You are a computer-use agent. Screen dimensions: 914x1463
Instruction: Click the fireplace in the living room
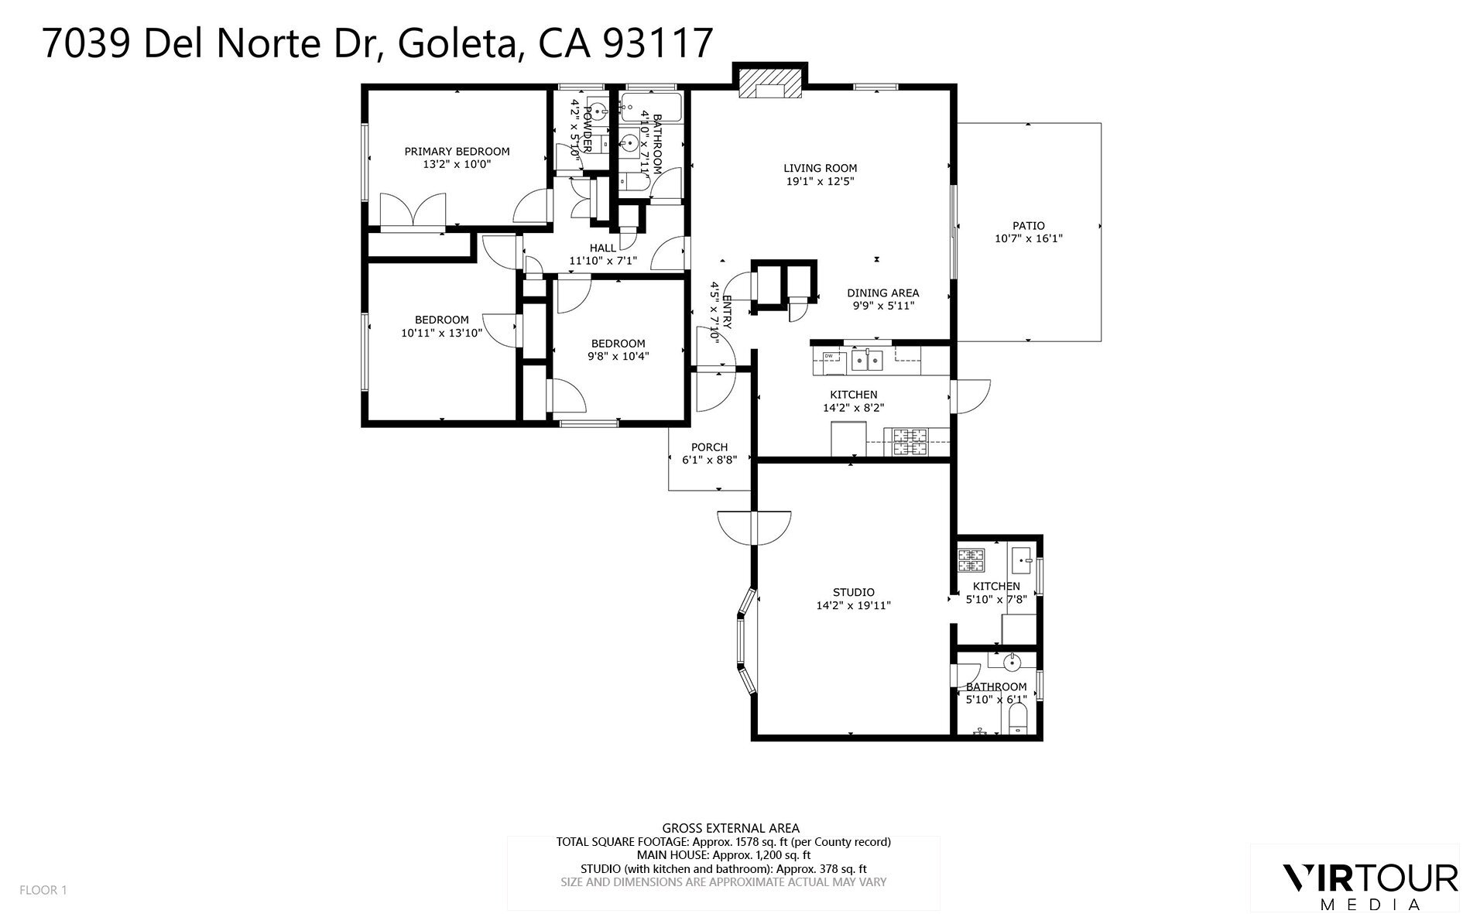coord(769,84)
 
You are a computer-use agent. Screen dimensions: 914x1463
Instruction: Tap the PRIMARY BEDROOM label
coord(457,152)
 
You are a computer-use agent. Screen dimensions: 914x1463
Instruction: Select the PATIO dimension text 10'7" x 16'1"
coord(1028,239)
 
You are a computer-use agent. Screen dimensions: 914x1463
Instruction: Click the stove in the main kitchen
coord(910,443)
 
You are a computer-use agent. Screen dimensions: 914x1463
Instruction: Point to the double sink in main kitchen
coord(867,359)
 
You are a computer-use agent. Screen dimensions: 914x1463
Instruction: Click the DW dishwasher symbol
coord(829,356)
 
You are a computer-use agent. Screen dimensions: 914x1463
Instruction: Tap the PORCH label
coord(709,447)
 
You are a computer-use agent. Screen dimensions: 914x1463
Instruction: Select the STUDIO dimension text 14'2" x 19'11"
coord(853,606)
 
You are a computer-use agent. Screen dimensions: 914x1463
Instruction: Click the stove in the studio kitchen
coord(970,556)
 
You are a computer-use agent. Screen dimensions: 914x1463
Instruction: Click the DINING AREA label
coord(882,293)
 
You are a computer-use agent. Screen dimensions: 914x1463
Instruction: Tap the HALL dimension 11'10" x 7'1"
coord(603,261)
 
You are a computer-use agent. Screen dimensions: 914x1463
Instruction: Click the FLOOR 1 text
coord(43,890)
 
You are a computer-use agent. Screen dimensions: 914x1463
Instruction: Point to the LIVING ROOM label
coord(820,168)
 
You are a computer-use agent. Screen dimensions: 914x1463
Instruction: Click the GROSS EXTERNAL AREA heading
coord(731,828)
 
